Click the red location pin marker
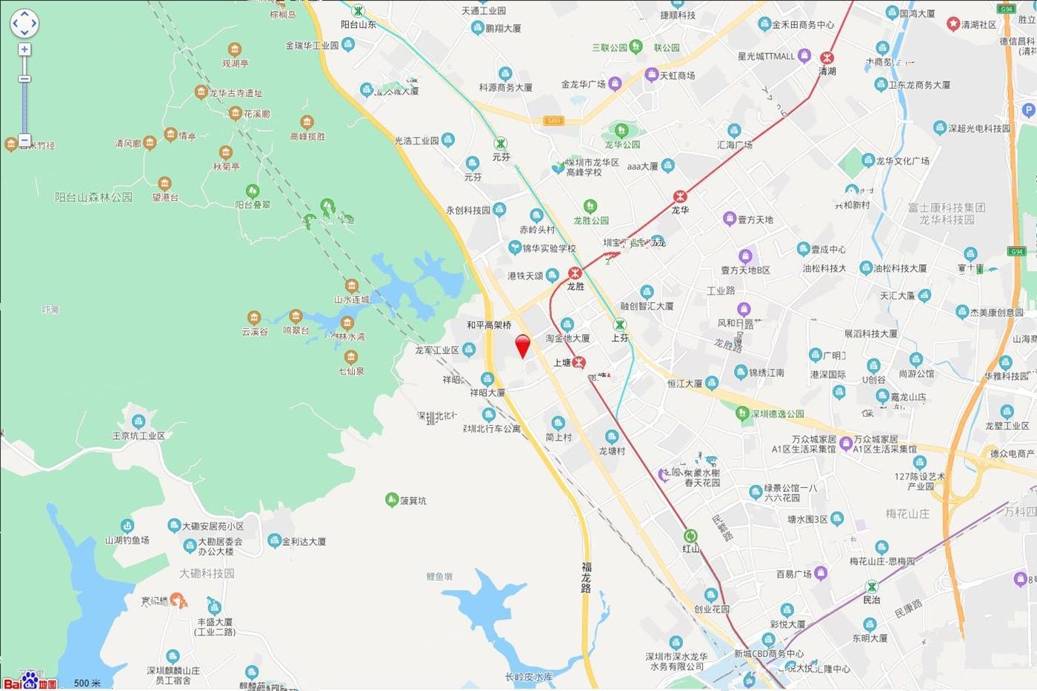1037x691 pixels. point(523,345)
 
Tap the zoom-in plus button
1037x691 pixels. point(24,50)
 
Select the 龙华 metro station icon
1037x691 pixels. point(680,196)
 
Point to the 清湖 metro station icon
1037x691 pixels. point(827,58)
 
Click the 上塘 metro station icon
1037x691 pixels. point(579,362)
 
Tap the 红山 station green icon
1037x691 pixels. point(690,535)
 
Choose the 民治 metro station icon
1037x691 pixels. point(872,587)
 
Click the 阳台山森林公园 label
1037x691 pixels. point(93,197)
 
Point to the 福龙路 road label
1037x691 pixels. point(586,577)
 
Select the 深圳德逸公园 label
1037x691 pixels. point(777,413)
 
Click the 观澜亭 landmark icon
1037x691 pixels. point(235,50)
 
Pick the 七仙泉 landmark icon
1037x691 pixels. point(351,357)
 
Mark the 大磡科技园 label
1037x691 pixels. point(207,573)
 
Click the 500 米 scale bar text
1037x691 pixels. point(87,683)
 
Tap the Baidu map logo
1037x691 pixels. point(30,681)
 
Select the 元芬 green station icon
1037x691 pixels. point(501,144)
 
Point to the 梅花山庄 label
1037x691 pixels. point(907,513)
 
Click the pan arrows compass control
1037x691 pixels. point(24,23)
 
